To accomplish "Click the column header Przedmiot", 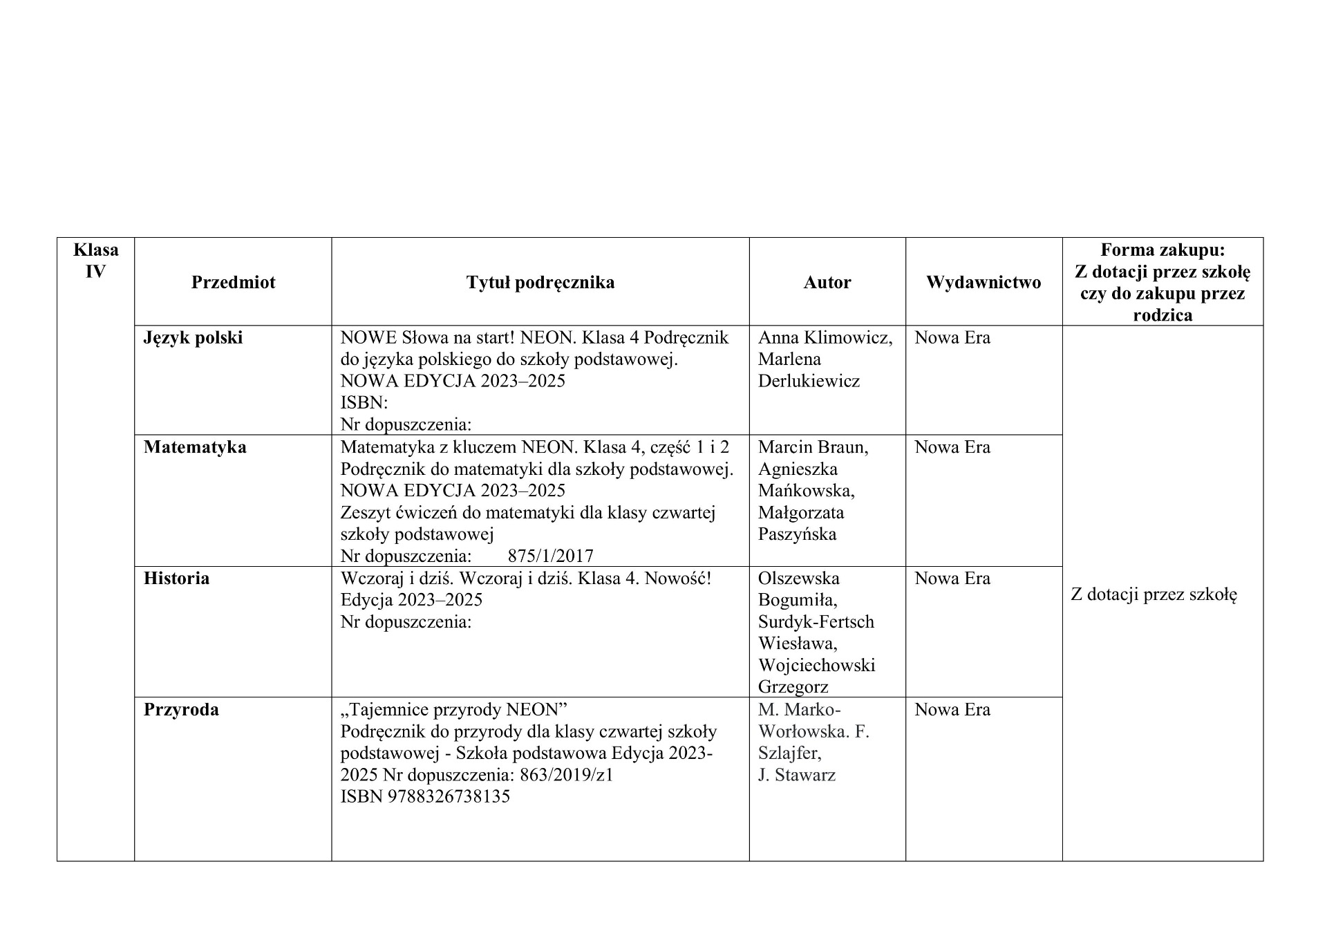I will click(233, 282).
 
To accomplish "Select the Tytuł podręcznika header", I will click(540, 282).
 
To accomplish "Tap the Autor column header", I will click(827, 282).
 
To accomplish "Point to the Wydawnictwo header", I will click(983, 282).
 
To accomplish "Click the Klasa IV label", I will click(95, 260).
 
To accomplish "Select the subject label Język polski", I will click(193, 338).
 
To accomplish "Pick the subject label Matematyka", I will click(195, 447).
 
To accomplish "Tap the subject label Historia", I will click(176, 579).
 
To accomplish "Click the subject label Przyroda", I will click(181, 710).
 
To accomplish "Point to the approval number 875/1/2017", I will click(550, 556).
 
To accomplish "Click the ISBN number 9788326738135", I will click(449, 796).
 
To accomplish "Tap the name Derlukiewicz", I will click(809, 381).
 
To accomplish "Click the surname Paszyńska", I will click(797, 534).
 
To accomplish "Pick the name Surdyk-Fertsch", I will click(816, 622).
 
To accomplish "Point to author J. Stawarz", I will click(796, 775).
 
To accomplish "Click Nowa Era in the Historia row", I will click(952, 579).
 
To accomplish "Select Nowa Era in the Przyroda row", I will click(952, 710).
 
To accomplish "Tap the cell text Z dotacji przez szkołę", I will click(1154, 594).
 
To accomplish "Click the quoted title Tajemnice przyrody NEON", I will click(453, 710).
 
